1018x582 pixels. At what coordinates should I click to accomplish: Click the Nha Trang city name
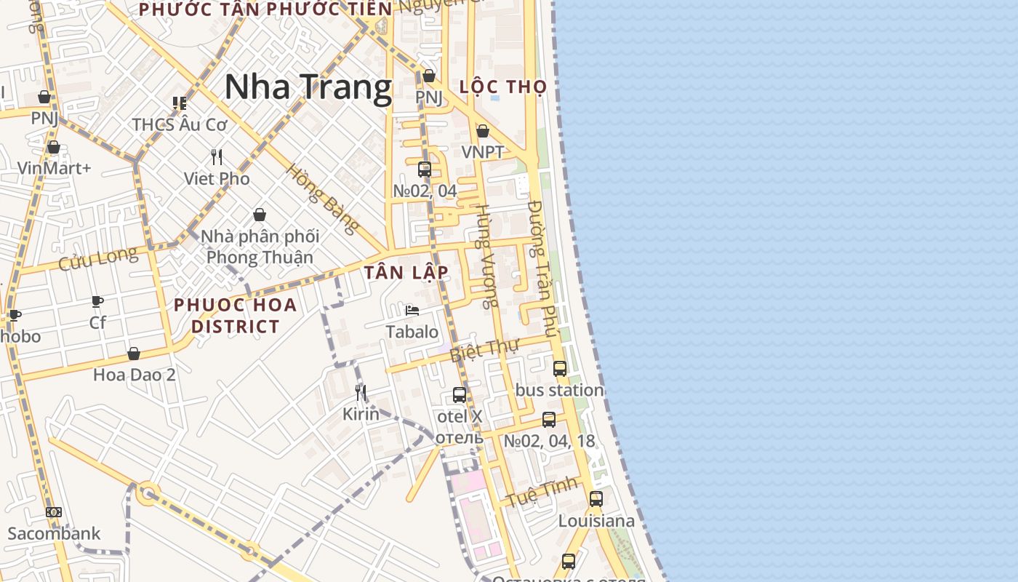click(308, 87)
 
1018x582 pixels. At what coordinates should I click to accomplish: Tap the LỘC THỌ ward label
click(503, 87)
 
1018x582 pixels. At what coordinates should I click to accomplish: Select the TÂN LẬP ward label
click(406, 273)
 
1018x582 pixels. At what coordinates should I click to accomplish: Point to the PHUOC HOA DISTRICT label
click(236, 315)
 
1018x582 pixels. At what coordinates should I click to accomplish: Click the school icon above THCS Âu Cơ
click(180, 103)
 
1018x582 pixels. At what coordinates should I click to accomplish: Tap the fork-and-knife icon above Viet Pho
click(217, 156)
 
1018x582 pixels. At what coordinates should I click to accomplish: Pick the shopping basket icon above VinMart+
click(54, 148)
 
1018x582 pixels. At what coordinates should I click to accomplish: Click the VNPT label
click(483, 152)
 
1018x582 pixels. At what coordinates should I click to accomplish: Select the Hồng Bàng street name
click(322, 199)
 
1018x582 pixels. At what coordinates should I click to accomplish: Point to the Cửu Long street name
click(97, 258)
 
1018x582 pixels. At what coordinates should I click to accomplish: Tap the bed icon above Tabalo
click(412, 311)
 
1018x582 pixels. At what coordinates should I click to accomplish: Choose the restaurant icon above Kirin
click(361, 393)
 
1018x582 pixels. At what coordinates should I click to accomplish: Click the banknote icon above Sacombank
click(54, 512)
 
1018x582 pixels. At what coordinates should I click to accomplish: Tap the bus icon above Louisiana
click(596, 499)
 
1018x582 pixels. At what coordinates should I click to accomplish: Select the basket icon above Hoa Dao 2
click(134, 354)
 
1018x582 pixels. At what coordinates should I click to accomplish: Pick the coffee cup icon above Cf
click(97, 301)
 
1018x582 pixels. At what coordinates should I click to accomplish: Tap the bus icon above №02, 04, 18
click(549, 420)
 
